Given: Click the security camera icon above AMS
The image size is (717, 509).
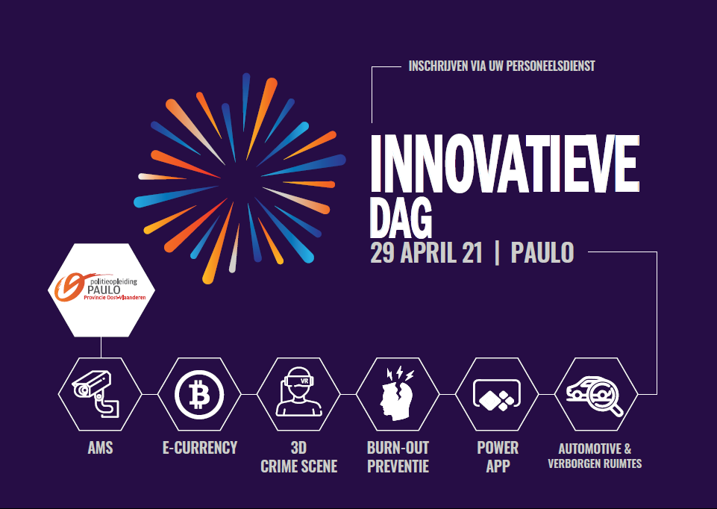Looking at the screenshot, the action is [96, 394].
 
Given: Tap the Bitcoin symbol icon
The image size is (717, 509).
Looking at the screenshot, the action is [199, 394].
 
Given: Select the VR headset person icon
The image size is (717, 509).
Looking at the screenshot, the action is [299, 392].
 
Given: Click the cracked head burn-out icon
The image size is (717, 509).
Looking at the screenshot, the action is [397, 393].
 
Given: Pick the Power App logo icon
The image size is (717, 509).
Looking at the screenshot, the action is [497, 395].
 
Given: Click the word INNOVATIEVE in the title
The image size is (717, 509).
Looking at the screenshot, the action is [504, 163].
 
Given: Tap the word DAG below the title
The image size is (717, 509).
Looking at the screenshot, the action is [401, 218].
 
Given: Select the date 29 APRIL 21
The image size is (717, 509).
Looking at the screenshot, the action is [426, 253].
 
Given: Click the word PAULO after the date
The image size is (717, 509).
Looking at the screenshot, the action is [542, 253].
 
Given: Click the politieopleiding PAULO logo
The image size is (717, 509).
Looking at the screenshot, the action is [101, 289].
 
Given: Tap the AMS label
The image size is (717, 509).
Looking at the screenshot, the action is [100, 448].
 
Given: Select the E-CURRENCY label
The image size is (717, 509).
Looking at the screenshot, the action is [200, 448].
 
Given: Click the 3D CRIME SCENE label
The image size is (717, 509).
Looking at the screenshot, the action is [299, 457].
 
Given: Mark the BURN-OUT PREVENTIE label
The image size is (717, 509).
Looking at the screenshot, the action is [398, 457].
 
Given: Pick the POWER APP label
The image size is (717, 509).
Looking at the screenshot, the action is [498, 457].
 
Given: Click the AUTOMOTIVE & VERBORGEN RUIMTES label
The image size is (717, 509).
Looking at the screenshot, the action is [595, 456].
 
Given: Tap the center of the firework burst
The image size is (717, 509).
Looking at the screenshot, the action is [239, 179].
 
